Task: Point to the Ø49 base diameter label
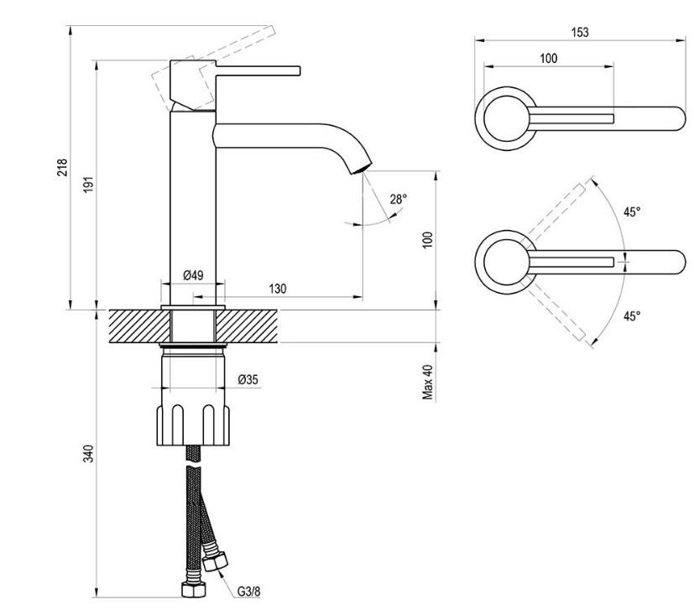click(193, 275)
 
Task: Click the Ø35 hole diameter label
click(248, 379)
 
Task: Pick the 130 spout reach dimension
click(278, 289)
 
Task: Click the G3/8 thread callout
click(247, 589)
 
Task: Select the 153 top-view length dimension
click(578, 32)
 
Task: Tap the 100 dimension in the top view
click(548, 59)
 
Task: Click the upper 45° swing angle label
click(632, 211)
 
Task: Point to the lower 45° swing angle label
click(632, 315)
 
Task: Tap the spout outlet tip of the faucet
click(362, 166)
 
